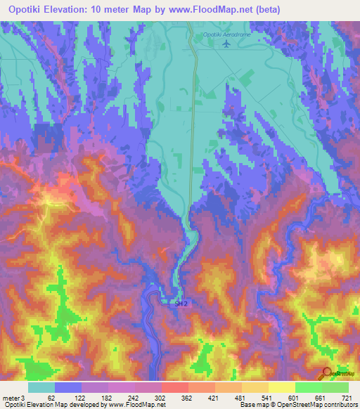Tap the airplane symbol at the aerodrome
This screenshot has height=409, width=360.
click(226, 44)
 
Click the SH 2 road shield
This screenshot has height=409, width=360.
click(182, 303)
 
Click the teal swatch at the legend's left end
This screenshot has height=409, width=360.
click(41, 387)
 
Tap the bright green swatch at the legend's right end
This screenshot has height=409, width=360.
click(335, 387)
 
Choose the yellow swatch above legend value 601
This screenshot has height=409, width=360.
click(281, 387)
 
